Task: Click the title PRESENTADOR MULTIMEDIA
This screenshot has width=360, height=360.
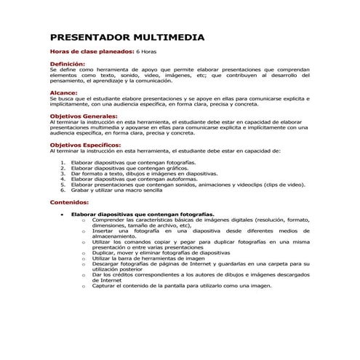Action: tap(126, 38)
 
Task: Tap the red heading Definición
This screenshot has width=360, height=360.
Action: tap(67, 65)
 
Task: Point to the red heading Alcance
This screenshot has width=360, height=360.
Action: tap(63, 93)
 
